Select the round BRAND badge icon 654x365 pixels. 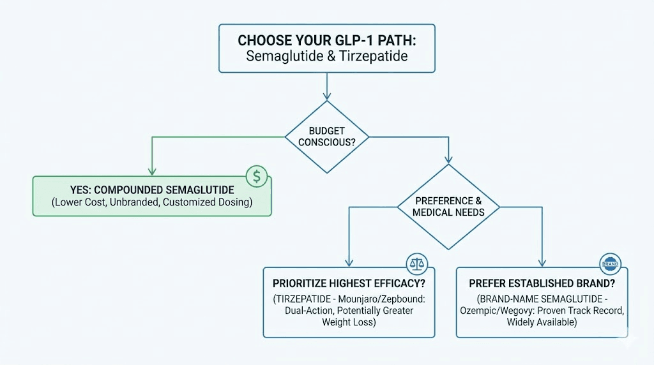611,263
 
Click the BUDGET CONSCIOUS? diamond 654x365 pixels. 326,137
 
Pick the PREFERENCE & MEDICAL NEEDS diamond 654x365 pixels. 449,207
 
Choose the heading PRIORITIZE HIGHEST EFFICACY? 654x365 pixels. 348,283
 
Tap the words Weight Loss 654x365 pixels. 349,323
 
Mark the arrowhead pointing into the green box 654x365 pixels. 151,171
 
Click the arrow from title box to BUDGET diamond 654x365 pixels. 327,86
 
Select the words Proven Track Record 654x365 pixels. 579,311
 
